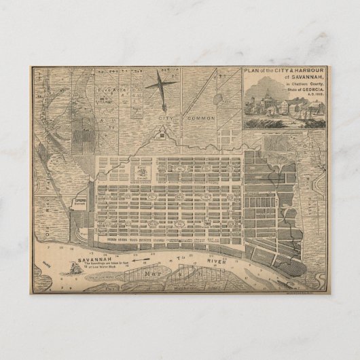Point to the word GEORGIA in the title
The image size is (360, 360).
click(x=312, y=88)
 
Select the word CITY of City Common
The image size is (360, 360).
click(x=166, y=118)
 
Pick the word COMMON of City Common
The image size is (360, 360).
click(x=202, y=118)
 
